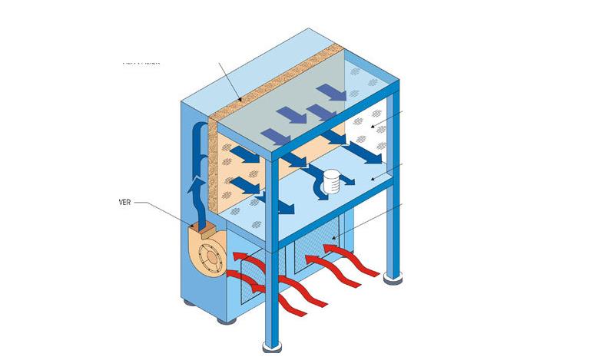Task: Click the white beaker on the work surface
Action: [x=332, y=181]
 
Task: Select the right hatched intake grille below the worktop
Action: [x=315, y=246]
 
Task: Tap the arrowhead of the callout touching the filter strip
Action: [x=240, y=100]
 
